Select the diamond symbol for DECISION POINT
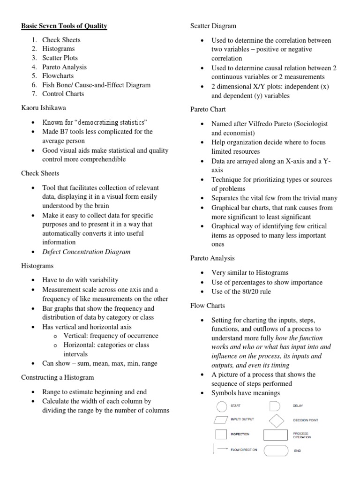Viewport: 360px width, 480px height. (x=276, y=420)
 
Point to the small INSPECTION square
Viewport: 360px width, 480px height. (x=219, y=435)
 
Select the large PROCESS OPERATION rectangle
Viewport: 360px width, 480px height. (x=276, y=435)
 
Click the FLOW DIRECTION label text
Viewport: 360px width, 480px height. (x=243, y=450)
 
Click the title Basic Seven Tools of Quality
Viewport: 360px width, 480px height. (x=64, y=26)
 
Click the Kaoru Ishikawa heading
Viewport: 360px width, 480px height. (x=44, y=107)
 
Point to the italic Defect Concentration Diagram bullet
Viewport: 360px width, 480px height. (x=86, y=251)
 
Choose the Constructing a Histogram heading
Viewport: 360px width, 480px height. (x=57, y=377)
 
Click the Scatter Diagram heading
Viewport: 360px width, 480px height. (x=213, y=26)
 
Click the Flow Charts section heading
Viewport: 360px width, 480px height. (x=207, y=305)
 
